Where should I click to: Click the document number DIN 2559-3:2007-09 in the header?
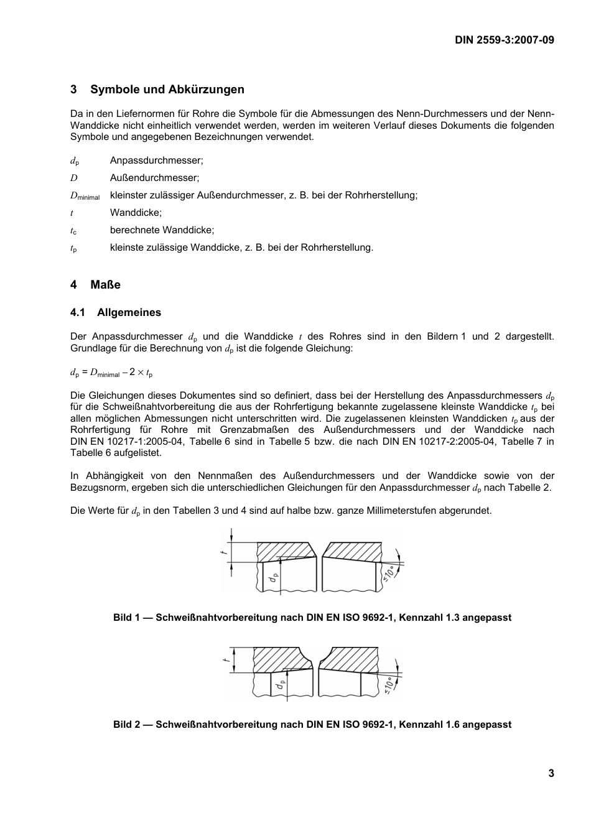click(x=504, y=40)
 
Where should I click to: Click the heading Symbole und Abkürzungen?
click(x=167, y=90)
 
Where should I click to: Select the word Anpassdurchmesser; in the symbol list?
click(x=156, y=160)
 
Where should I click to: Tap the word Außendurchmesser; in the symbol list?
click(x=154, y=178)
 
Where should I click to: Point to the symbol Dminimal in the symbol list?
click(x=85, y=196)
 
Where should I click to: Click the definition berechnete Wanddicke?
click(x=162, y=230)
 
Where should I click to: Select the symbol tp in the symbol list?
click(x=73, y=248)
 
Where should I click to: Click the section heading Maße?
click(x=105, y=285)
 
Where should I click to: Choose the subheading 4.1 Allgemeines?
click(x=116, y=313)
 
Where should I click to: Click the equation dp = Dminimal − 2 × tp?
click(x=111, y=373)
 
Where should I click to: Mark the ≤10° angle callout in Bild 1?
click(x=389, y=572)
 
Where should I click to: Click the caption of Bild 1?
click(x=312, y=618)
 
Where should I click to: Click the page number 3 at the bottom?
click(x=551, y=774)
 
